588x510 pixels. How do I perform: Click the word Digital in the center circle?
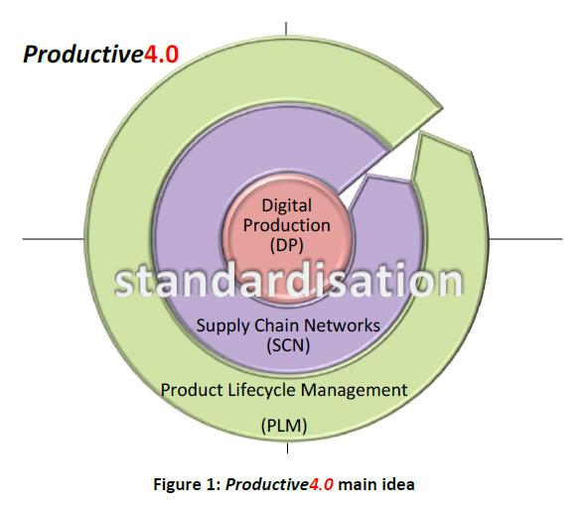(287, 206)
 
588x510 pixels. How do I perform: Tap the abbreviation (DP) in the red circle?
(287, 245)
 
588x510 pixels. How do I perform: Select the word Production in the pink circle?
(287, 225)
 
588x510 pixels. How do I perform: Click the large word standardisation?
(289, 281)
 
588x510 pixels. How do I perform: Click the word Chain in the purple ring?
(272, 324)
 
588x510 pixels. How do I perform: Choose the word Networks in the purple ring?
(337, 324)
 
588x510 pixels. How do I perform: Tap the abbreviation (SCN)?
(288, 345)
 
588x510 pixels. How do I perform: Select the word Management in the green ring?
(354, 390)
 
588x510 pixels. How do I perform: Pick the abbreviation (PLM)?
(284, 426)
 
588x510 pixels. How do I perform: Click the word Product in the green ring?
(192, 390)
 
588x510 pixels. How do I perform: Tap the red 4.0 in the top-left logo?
(161, 54)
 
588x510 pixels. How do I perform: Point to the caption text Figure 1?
(187, 484)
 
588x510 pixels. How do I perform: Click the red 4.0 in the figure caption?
(321, 484)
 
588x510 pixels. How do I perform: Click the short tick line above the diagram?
(286, 29)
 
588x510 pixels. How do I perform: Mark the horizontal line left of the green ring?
(54, 238)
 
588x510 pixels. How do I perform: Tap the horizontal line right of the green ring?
(525, 239)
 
